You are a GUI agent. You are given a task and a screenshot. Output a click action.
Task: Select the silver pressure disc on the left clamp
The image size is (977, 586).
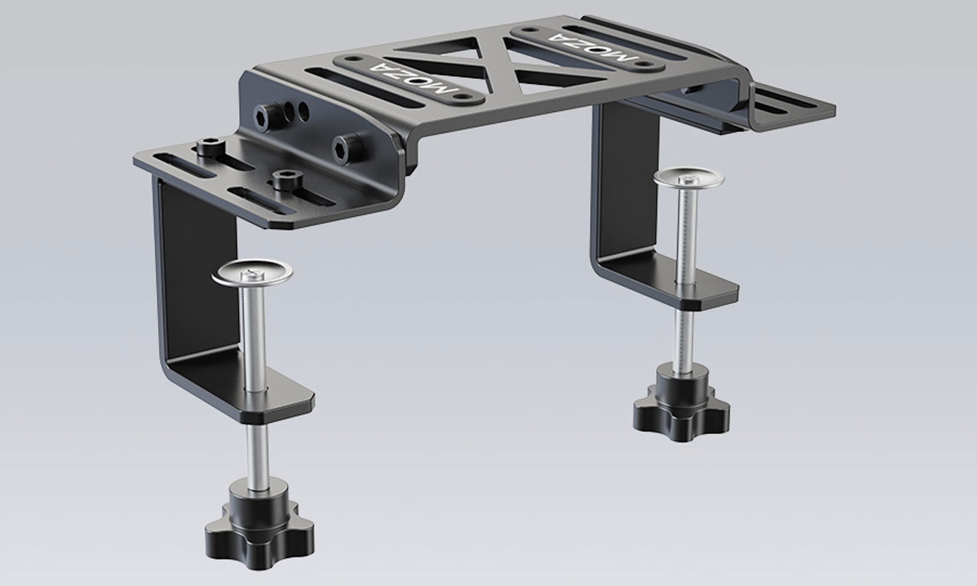253,272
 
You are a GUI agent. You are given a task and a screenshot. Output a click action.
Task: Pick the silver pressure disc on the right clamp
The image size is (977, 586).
688,177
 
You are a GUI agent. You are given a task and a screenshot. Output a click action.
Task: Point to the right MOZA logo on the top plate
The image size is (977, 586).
594,46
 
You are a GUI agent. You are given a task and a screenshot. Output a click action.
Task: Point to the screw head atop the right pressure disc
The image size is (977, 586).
688,174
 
